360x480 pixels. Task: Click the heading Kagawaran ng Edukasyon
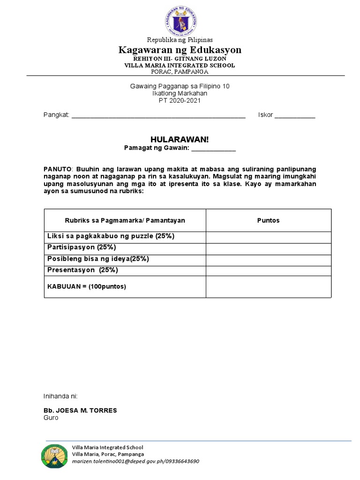(x=180, y=50)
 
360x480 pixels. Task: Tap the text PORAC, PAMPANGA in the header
(x=180, y=72)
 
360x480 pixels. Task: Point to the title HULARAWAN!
(x=180, y=140)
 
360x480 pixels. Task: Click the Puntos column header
(x=269, y=220)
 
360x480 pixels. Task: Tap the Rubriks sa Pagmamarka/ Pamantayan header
(x=125, y=220)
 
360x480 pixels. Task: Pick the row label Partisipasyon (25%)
(x=82, y=247)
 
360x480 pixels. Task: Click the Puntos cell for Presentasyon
(x=269, y=270)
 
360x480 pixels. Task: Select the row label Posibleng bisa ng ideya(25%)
(x=98, y=259)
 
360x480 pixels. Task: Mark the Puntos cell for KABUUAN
(x=269, y=287)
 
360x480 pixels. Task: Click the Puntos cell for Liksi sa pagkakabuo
(x=269, y=237)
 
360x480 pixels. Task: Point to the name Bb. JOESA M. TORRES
(x=80, y=410)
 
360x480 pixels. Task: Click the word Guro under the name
(x=51, y=418)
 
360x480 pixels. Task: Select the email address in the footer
(x=135, y=461)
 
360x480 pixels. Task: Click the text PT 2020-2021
(x=180, y=100)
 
